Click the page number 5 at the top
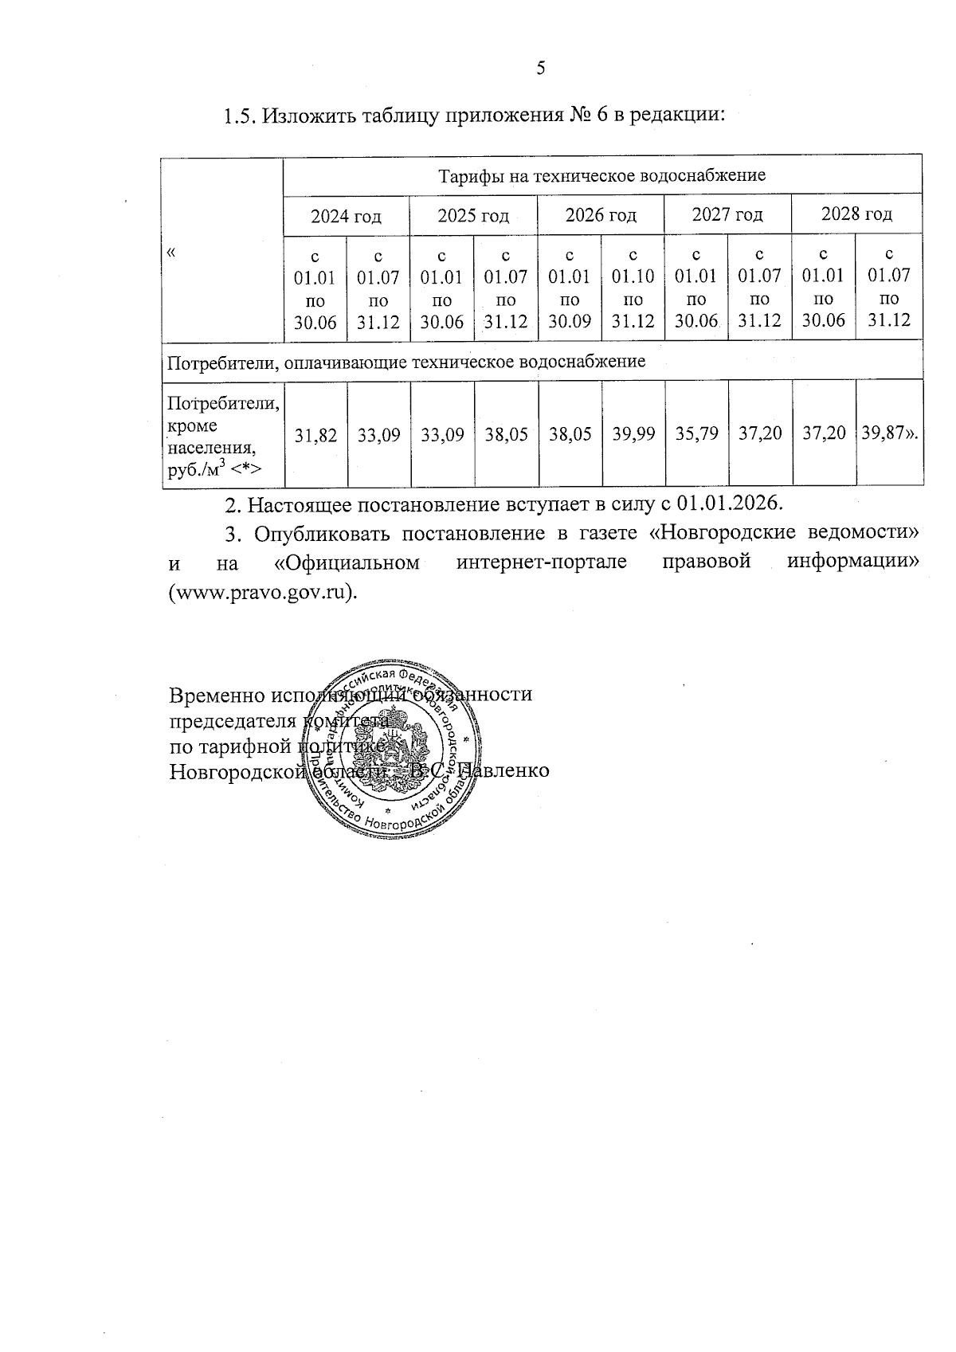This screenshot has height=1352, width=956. [541, 68]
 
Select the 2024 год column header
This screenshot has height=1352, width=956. [346, 216]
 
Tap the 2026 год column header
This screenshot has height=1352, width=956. [601, 215]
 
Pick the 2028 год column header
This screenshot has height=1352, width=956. [856, 214]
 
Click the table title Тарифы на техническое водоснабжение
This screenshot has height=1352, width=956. [602, 175]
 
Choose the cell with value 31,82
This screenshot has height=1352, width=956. [315, 435]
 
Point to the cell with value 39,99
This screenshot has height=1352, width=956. [633, 434]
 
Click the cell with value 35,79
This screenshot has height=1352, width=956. [696, 434]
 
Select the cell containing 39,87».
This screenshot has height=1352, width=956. [890, 433]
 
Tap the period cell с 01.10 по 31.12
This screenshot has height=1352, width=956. [633, 288]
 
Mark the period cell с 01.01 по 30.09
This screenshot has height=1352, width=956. [570, 288]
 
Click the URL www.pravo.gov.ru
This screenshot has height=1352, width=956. [261, 594]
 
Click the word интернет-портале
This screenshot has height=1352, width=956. [542, 562]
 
